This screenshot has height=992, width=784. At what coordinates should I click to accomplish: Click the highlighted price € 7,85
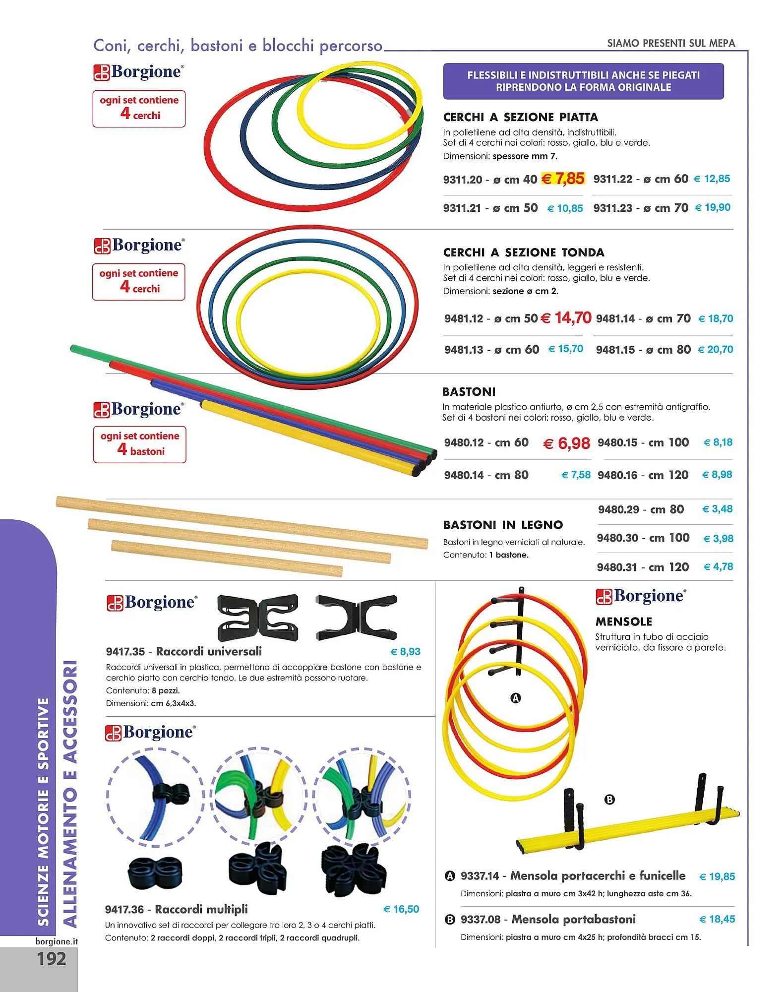pos(563,179)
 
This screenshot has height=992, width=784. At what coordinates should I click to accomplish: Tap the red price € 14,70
pos(566,317)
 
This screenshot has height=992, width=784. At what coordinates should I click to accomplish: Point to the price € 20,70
pos(715,349)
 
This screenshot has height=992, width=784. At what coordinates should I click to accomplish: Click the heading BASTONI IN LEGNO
pos(503,525)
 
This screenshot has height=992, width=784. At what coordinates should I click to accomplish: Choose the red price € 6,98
pos(566,443)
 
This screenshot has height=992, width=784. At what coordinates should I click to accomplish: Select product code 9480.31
pos(618,567)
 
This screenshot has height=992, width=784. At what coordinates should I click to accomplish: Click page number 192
pos(51,958)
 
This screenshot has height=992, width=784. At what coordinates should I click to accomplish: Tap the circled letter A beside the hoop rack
pos(516,698)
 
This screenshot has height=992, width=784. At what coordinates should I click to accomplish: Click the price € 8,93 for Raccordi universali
pos(405,651)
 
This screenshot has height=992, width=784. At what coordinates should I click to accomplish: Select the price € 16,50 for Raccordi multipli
pos(401,909)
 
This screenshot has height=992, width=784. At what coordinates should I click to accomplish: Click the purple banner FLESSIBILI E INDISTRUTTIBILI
pos(583,81)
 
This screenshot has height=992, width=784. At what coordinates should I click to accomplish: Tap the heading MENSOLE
pos(623,621)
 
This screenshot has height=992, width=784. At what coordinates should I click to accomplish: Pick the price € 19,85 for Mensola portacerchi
pos(717,876)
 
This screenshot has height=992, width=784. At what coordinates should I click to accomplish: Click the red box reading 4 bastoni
pos(140,444)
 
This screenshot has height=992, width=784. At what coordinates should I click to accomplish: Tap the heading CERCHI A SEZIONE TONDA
pos(524,252)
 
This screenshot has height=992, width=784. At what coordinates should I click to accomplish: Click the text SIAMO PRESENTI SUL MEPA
pos(671,43)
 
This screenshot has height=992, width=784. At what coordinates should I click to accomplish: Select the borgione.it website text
pos(57,941)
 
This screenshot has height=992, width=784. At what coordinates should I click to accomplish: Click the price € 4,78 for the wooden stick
pos(718,566)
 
